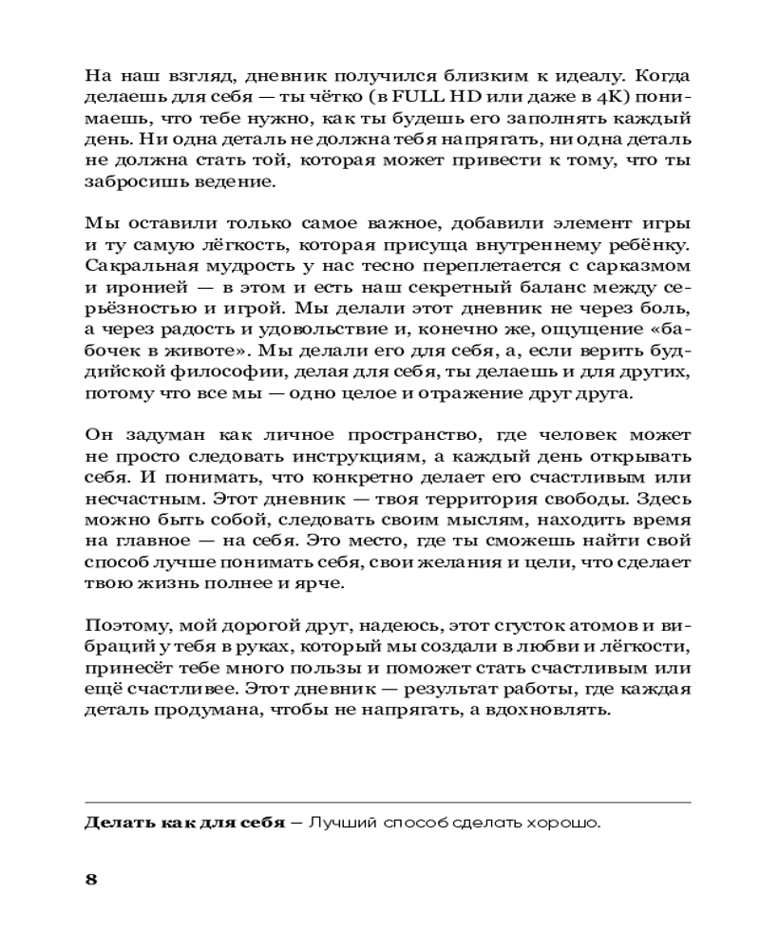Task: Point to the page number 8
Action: click(91, 878)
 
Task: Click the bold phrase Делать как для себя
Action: click(185, 823)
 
